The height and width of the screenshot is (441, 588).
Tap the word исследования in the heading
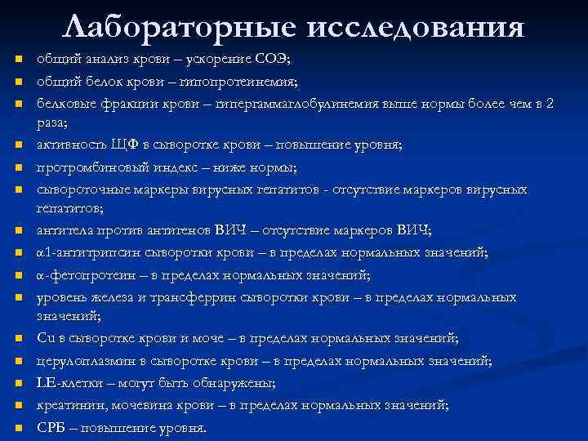point(416,27)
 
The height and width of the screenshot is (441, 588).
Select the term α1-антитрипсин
point(88,252)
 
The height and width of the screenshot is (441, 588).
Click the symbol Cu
point(46,337)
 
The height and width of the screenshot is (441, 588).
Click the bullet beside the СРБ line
point(17,427)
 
